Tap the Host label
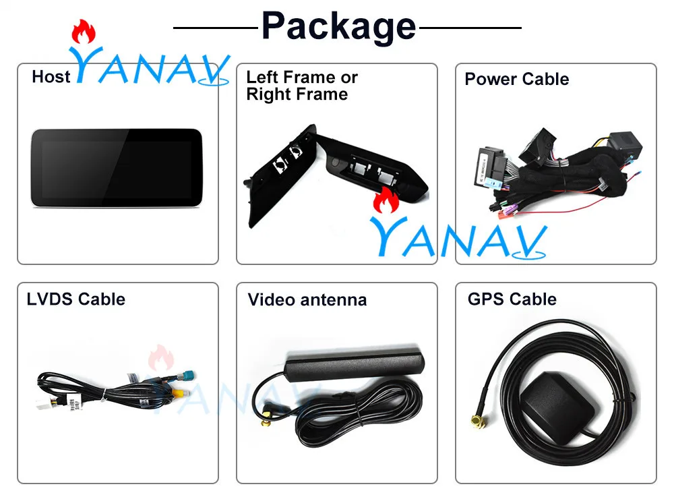click(x=51, y=77)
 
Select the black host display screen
click(x=116, y=168)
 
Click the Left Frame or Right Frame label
click(x=301, y=86)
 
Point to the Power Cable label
click(x=516, y=80)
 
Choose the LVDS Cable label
click(x=75, y=299)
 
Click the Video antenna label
click(x=307, y=299)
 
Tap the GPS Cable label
click(x=512, y=299)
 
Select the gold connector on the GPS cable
click(x=477, y=423)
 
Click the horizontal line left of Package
click(x=216, y=28)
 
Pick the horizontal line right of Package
click(x=470, y=28)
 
